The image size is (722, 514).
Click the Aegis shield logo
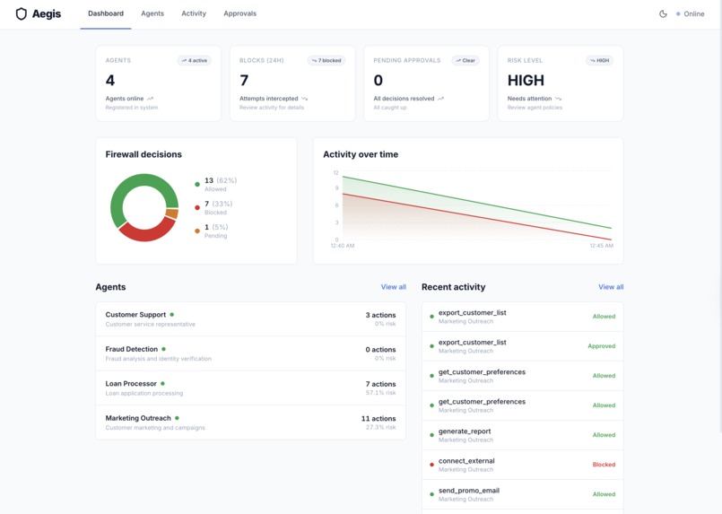22,14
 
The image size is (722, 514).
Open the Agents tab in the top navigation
152,14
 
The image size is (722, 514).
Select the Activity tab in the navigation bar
194,14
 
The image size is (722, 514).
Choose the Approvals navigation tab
239,14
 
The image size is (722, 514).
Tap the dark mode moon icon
663,14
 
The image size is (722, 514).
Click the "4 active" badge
194,61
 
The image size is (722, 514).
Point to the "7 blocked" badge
326,61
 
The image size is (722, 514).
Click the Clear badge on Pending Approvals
465,61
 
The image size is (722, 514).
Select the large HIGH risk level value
526,81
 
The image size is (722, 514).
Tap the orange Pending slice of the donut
172,213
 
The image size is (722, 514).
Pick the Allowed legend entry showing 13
215,184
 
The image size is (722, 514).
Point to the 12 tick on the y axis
335,173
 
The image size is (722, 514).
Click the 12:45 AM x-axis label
601,245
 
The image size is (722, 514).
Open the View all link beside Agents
393,287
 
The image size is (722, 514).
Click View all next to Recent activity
611,287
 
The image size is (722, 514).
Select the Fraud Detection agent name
132,349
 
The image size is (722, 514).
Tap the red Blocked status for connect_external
604,465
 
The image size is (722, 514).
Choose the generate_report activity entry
465,431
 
